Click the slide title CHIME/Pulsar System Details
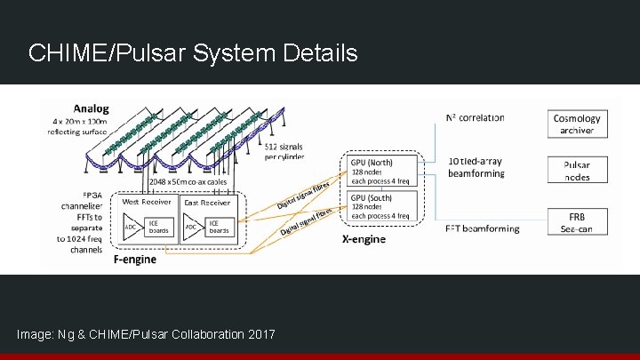point(193,53)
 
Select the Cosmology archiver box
point(576,124)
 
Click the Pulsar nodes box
point(576,170)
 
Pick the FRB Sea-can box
point(576,222)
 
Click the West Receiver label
point(145,203)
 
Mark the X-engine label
point(364,239)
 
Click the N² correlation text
point(475,117)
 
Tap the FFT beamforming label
point(482,229)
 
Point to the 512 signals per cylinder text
point(284,150)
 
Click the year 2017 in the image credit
point(259,333)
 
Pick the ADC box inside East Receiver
point(188,226)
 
